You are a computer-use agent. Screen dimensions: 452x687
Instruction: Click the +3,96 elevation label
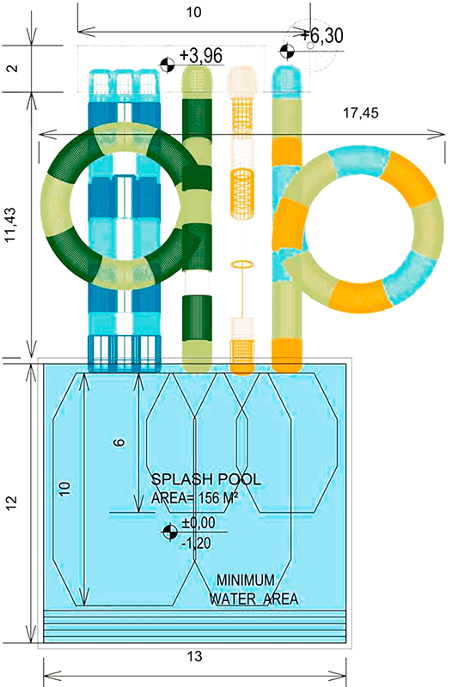(201, 56)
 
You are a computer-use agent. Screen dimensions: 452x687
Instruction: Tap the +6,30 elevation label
(321, 35)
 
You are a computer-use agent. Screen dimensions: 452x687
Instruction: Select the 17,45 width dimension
(360, 113)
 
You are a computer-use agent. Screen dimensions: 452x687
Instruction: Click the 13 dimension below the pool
(195, 656)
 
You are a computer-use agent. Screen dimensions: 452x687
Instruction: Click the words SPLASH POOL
(205, 479)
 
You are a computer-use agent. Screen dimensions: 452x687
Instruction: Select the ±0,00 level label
(199, 523)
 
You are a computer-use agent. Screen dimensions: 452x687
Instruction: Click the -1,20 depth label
(196, 544)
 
